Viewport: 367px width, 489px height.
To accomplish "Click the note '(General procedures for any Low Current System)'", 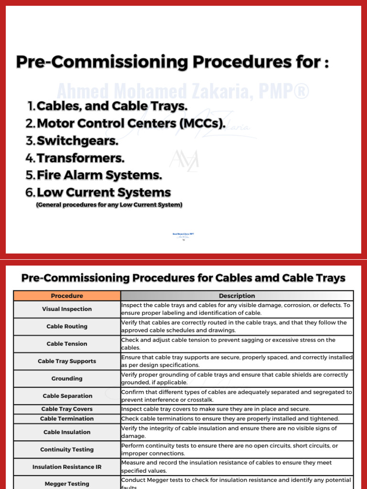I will pyautogui.click(x=109, y=205).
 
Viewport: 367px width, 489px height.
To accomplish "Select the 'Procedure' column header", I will pyautogui.click(x=67, y=296).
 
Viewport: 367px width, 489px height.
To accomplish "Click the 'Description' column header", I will pyautogui.click(x=237, y=296).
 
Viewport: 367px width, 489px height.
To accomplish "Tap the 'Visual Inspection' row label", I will pyautogui.click(x=67, y=309).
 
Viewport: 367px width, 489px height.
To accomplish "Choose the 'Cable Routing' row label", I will pyautogui.click(x=67, y=327).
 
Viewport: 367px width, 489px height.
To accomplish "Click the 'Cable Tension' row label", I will pyautogui.click(x=67, y=344).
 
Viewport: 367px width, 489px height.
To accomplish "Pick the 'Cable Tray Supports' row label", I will pyautogui.click(x=67, y=361).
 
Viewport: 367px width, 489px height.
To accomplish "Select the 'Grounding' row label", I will pyautogui.click(x=67, y=379).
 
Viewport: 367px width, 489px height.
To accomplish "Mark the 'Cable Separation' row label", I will pyautogui.click(x=67, y=396).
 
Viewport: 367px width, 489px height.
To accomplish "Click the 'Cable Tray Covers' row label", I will pyautogui.click(x=67, y=409).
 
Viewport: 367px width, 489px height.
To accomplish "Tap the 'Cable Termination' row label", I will pyautogui.click(x=67, y=419).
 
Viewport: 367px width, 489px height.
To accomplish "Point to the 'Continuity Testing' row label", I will pyautogui.click(x=67, y=449).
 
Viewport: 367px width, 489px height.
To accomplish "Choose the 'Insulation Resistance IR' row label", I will pyautogui.click(x=67, y=467).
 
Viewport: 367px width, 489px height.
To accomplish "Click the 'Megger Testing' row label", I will pyautogui.click(x=67, y=484).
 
